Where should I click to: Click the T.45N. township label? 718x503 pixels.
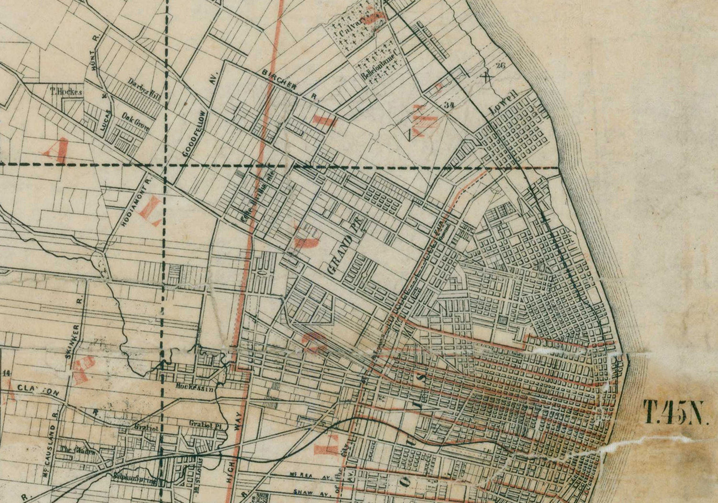click(675, 413)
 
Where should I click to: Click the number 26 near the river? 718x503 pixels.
click(501, 66)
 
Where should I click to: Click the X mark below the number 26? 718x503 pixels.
click(487, 75)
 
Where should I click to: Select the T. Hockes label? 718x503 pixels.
click(67, 91)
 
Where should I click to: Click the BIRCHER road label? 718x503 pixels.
click(280, 79)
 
